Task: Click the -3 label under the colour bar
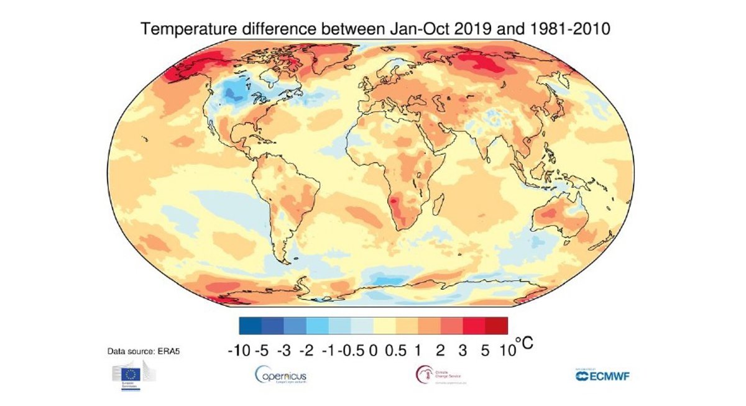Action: (x=283, y=351)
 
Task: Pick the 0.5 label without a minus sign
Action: (x=396, y=351)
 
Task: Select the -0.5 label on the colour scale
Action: (x=352, y=351)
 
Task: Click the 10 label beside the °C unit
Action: (x=508, y=351)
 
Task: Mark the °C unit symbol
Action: (x=525, y=344)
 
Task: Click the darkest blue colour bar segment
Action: (x=250, y=326)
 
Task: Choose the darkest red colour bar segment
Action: (x=496, y=326)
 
